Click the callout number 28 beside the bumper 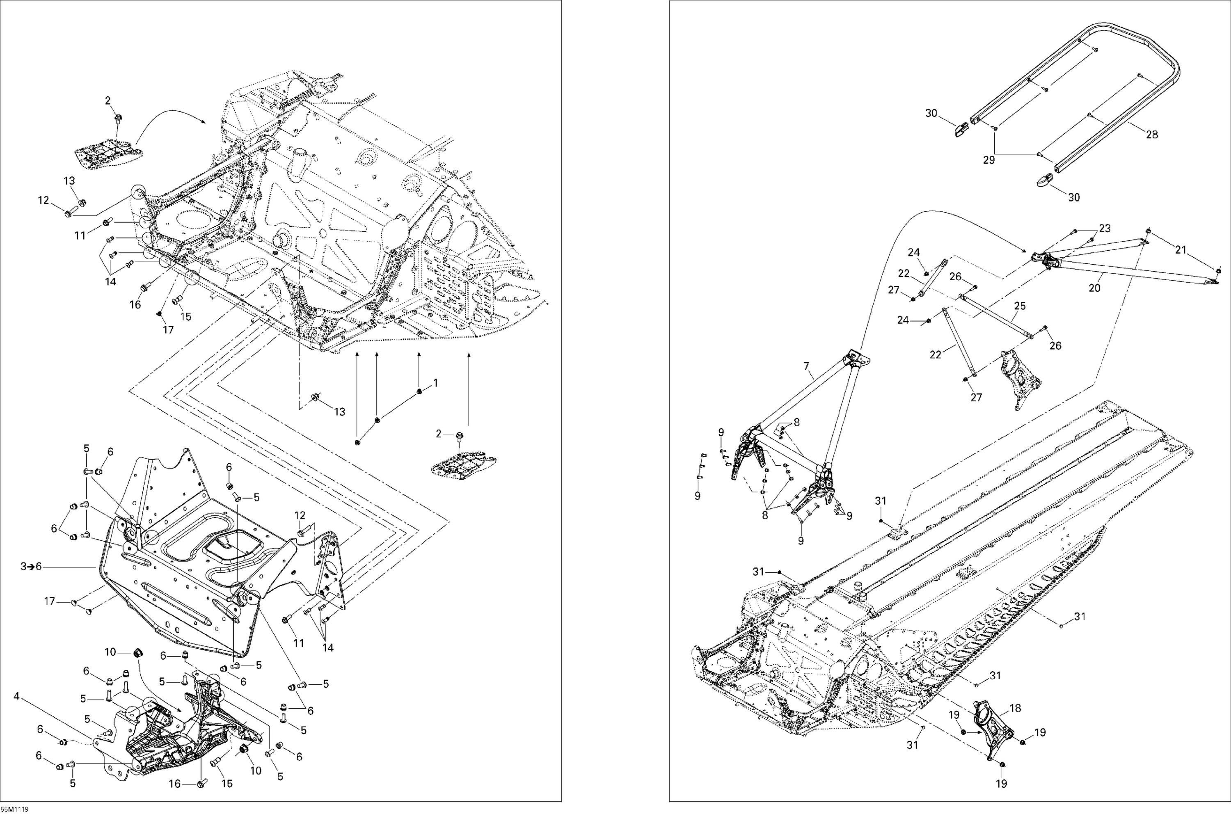(x=1151, y=135)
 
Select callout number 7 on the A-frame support (x=806, y=366)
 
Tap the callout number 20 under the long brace (x=1094, y=288)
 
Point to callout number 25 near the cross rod (x=1020, y=306)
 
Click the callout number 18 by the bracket (x=1016, y=708)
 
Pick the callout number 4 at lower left (x=16, y=697)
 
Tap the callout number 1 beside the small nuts (x=436, y=383)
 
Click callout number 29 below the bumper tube (x=989, y=160)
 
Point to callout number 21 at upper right (x=1181, y=250)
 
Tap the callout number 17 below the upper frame (x=168, y=329)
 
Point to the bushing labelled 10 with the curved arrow (x=139, y=652)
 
